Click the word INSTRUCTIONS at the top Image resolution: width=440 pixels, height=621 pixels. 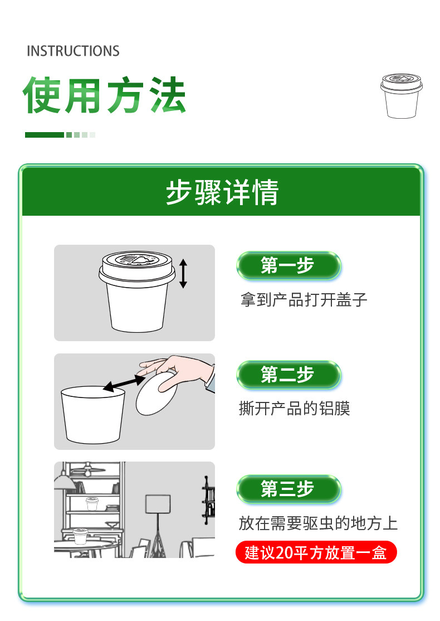pyautogui.click(x=73, y=51)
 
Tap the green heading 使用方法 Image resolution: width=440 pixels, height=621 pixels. pyautogui.click(x=105, y=95)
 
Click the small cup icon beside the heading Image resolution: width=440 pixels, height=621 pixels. pyautogui.click(x=401, y=95)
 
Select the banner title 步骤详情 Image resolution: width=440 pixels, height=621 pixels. pyautogui.click(x=222, y=192)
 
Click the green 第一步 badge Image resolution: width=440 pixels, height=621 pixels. pyautogui.click(x=289, y=265)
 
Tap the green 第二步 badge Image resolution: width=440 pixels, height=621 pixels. pyautogui.click(x=289, y=375)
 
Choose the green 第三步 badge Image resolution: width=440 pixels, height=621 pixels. pyautogui.click(x=289, y=489)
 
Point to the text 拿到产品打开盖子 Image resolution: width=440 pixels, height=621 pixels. pyautogui.click(x=304, y=300)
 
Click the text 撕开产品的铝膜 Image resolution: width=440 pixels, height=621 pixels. pyautogui.click(x=295, y=408)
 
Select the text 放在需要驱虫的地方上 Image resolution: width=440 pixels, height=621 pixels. pyautogui.click(x=318, y=523)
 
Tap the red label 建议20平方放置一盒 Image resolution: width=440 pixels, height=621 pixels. pyautogui.click(x=316, y=552)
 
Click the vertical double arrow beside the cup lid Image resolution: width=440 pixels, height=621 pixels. pyautogui.click(x=183, y=274)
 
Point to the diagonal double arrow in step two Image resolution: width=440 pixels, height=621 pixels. pyautogui.click(x=124, y=383)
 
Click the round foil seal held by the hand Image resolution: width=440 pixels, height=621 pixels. pyautogui.click(x=156, y=394)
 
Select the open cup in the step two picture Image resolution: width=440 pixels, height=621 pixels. pyautogui.click(x=93, y=415)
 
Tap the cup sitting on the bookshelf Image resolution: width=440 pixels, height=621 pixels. pyautogui.click(x=92, y=504)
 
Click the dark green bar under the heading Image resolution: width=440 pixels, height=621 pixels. pyautogui.click(x=45, y=135)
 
